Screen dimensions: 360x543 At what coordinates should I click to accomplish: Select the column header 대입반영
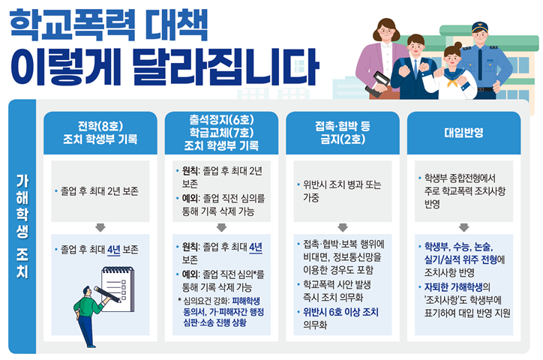(463, 133)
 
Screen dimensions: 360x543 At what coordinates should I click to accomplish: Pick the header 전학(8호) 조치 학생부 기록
(100, 133)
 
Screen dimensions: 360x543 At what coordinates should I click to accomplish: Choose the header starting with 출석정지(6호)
(220, 133)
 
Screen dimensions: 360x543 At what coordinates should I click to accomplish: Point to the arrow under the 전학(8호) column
(100, 227)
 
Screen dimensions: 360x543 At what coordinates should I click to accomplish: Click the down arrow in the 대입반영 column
(463, 227)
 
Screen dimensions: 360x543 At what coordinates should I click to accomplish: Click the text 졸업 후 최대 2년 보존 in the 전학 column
(100, 191)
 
